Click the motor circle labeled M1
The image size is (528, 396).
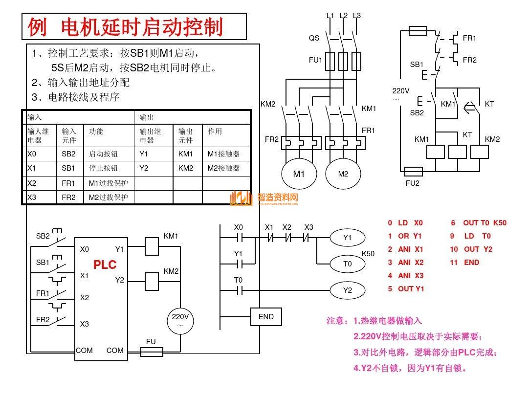pyautogui.click(x=298, y=174)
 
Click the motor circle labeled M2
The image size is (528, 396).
pyautogui.click(x=343, y=174)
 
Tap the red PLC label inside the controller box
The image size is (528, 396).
pyautogui.click(x=105, y=265)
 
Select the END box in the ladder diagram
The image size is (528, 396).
pyautogui.click(x=266, y=317)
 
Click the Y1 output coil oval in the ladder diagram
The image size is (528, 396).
pyautogui.click(x=347, y=238)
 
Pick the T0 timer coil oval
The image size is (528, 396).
pyautogui.click(x=347, y=264)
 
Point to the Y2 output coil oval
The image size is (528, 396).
pyautogui.click(x=347, y=290)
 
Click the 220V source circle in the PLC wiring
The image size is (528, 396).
pyautogui.click(x=180, y=321)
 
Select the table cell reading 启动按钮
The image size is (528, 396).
pyautogui.click(x=103, y=154)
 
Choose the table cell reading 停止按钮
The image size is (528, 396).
pyautogui.click(x=103, y=168)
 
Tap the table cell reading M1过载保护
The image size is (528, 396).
pyautogui.click(x=108, y=183)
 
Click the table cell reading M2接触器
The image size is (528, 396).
pyautogui.click(x=223, y=168)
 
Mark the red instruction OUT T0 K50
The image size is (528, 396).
pyautogui.click(x=479, y=223)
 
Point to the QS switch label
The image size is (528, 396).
pyautogui.click(x=314, y=38)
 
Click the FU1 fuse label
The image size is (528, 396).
pyautogui.click(x=315, y=60)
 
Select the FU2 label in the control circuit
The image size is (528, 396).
pyautogui.click(x=413, y=183)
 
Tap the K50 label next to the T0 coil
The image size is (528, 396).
pyautogui.click(x=368, y=254)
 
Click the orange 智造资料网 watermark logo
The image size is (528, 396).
pyautogui.click(x=264, y=198)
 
